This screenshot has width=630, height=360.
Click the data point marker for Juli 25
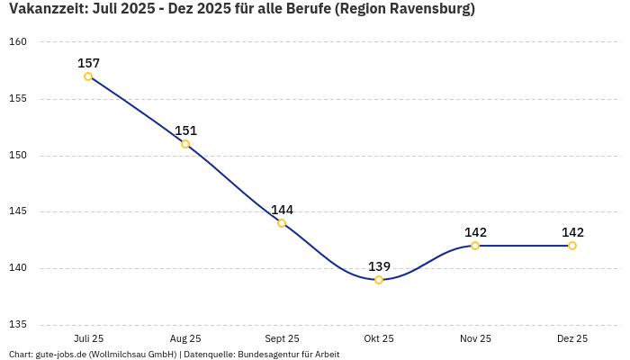[88, 76]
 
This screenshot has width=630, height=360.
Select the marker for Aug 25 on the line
[185, 144]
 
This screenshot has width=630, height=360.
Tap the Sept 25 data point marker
[282, 223]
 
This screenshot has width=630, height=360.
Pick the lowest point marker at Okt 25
[379, 280]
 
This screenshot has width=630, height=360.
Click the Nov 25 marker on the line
[475, 246]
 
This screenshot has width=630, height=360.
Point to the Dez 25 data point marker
[572, 246]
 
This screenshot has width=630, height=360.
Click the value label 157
[88, 63]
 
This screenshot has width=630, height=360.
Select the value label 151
[185, 130]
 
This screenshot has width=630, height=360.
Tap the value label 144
[282, 210]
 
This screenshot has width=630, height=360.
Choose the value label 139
[379, 266]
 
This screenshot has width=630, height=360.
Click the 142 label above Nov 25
[475, 232]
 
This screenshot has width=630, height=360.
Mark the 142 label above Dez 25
[572, 232]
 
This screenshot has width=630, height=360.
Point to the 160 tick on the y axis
[19, 42]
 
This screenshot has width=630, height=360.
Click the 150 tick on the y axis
[19, 156]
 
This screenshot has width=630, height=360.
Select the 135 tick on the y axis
[19, 325]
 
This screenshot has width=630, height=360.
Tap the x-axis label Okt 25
[379, 338]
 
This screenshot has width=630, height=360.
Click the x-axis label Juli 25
[88, 338]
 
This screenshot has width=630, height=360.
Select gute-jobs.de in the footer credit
[60, 355]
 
